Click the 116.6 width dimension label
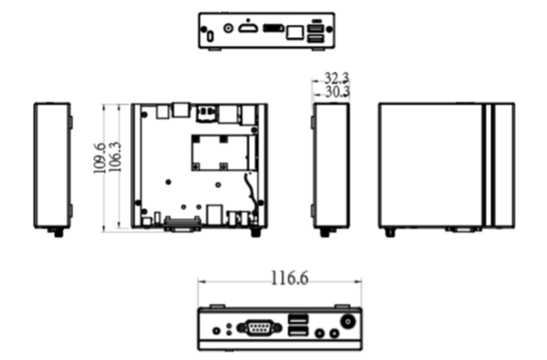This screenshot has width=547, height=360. pyautogui.click(x=290, y=279)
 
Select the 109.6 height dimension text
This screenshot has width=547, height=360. pyautogui.click(x=99, y=158)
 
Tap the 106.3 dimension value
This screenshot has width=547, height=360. pyautogui.click(x=116, y=157)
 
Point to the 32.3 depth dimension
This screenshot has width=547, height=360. pyautogui.click(x=336, y=78)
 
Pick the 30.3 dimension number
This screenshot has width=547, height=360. pyautogui.click(x=337, y=92)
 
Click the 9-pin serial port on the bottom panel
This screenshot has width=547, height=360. pyautogui.click(x=259, y=328)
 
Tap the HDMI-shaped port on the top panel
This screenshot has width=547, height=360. pyautogui.click(x=248, y=28)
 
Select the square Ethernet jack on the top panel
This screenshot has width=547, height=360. pyautogui.click(x=294, y=33)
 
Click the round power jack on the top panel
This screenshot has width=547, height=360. pyautogui.click(x=228, y=28)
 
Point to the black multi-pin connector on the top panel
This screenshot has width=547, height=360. pyautogui.click(x=274, y=28)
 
